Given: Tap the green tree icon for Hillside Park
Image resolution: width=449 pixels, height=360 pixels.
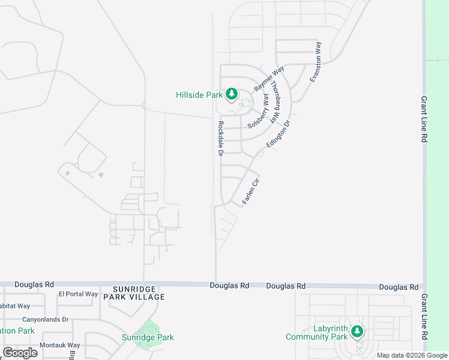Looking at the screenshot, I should [232, 94].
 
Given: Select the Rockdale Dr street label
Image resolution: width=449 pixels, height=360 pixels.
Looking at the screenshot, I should [220, 139].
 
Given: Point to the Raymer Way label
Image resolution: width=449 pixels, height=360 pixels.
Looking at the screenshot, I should [268, 79].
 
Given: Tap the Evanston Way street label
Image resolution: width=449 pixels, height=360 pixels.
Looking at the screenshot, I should [316, 62].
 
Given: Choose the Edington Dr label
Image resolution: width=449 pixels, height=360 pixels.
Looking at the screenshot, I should [278, 135].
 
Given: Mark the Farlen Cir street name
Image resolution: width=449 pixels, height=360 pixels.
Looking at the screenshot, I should [251, 191].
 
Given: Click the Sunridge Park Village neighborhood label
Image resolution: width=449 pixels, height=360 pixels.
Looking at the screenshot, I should [134, 292].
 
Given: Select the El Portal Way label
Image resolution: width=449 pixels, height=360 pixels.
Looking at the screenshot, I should [78, 294].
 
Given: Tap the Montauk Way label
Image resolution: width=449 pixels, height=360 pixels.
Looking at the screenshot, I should [59, 345].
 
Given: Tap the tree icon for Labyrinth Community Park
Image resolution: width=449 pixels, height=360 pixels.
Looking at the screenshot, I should [357, 331].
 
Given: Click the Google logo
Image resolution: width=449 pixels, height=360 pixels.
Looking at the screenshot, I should [20, 352].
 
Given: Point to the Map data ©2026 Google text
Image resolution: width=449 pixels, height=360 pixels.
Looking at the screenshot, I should [411, 355].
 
